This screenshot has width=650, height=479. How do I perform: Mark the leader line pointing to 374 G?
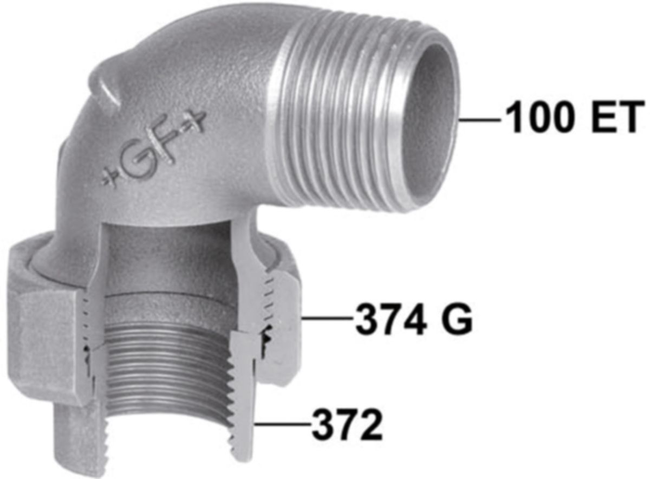pos(328,319)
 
